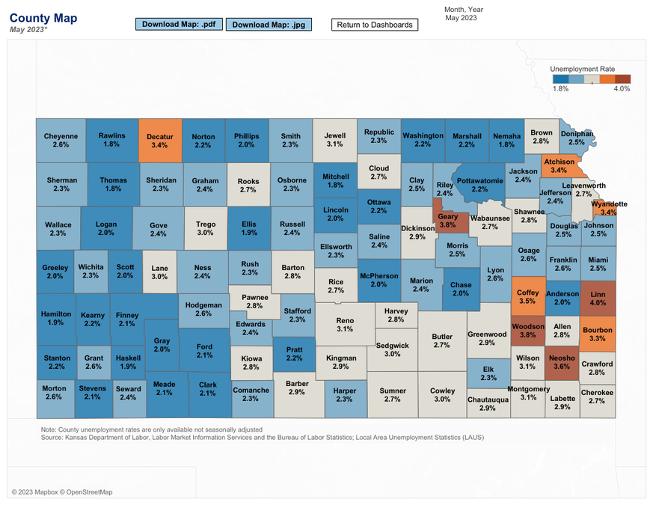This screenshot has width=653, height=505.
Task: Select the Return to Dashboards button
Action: coord(375,25)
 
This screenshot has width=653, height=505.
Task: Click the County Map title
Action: coord(43,17)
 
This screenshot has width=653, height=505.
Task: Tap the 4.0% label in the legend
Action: coord(622,88)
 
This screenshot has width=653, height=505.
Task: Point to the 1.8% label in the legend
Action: coord(560,88)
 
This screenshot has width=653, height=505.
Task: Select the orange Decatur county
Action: coord(159,141)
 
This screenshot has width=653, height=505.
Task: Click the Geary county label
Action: coord(447,217)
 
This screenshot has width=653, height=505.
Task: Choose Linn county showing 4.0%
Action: coord(598,299)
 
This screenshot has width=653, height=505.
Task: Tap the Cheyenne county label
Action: coord(61,136)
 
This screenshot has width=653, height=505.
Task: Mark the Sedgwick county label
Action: coord(393,346)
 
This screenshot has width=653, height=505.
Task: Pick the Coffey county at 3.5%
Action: coord(527,297)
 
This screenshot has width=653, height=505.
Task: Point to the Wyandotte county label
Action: coord(609,203)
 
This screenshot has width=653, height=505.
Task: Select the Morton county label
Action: coord(54,388)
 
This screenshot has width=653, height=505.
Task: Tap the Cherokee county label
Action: coord(597,393)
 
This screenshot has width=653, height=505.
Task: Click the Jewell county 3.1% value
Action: coord(334,144)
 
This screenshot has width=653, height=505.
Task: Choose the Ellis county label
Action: coord(249,223)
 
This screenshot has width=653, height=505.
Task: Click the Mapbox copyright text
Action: coord(62,492)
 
